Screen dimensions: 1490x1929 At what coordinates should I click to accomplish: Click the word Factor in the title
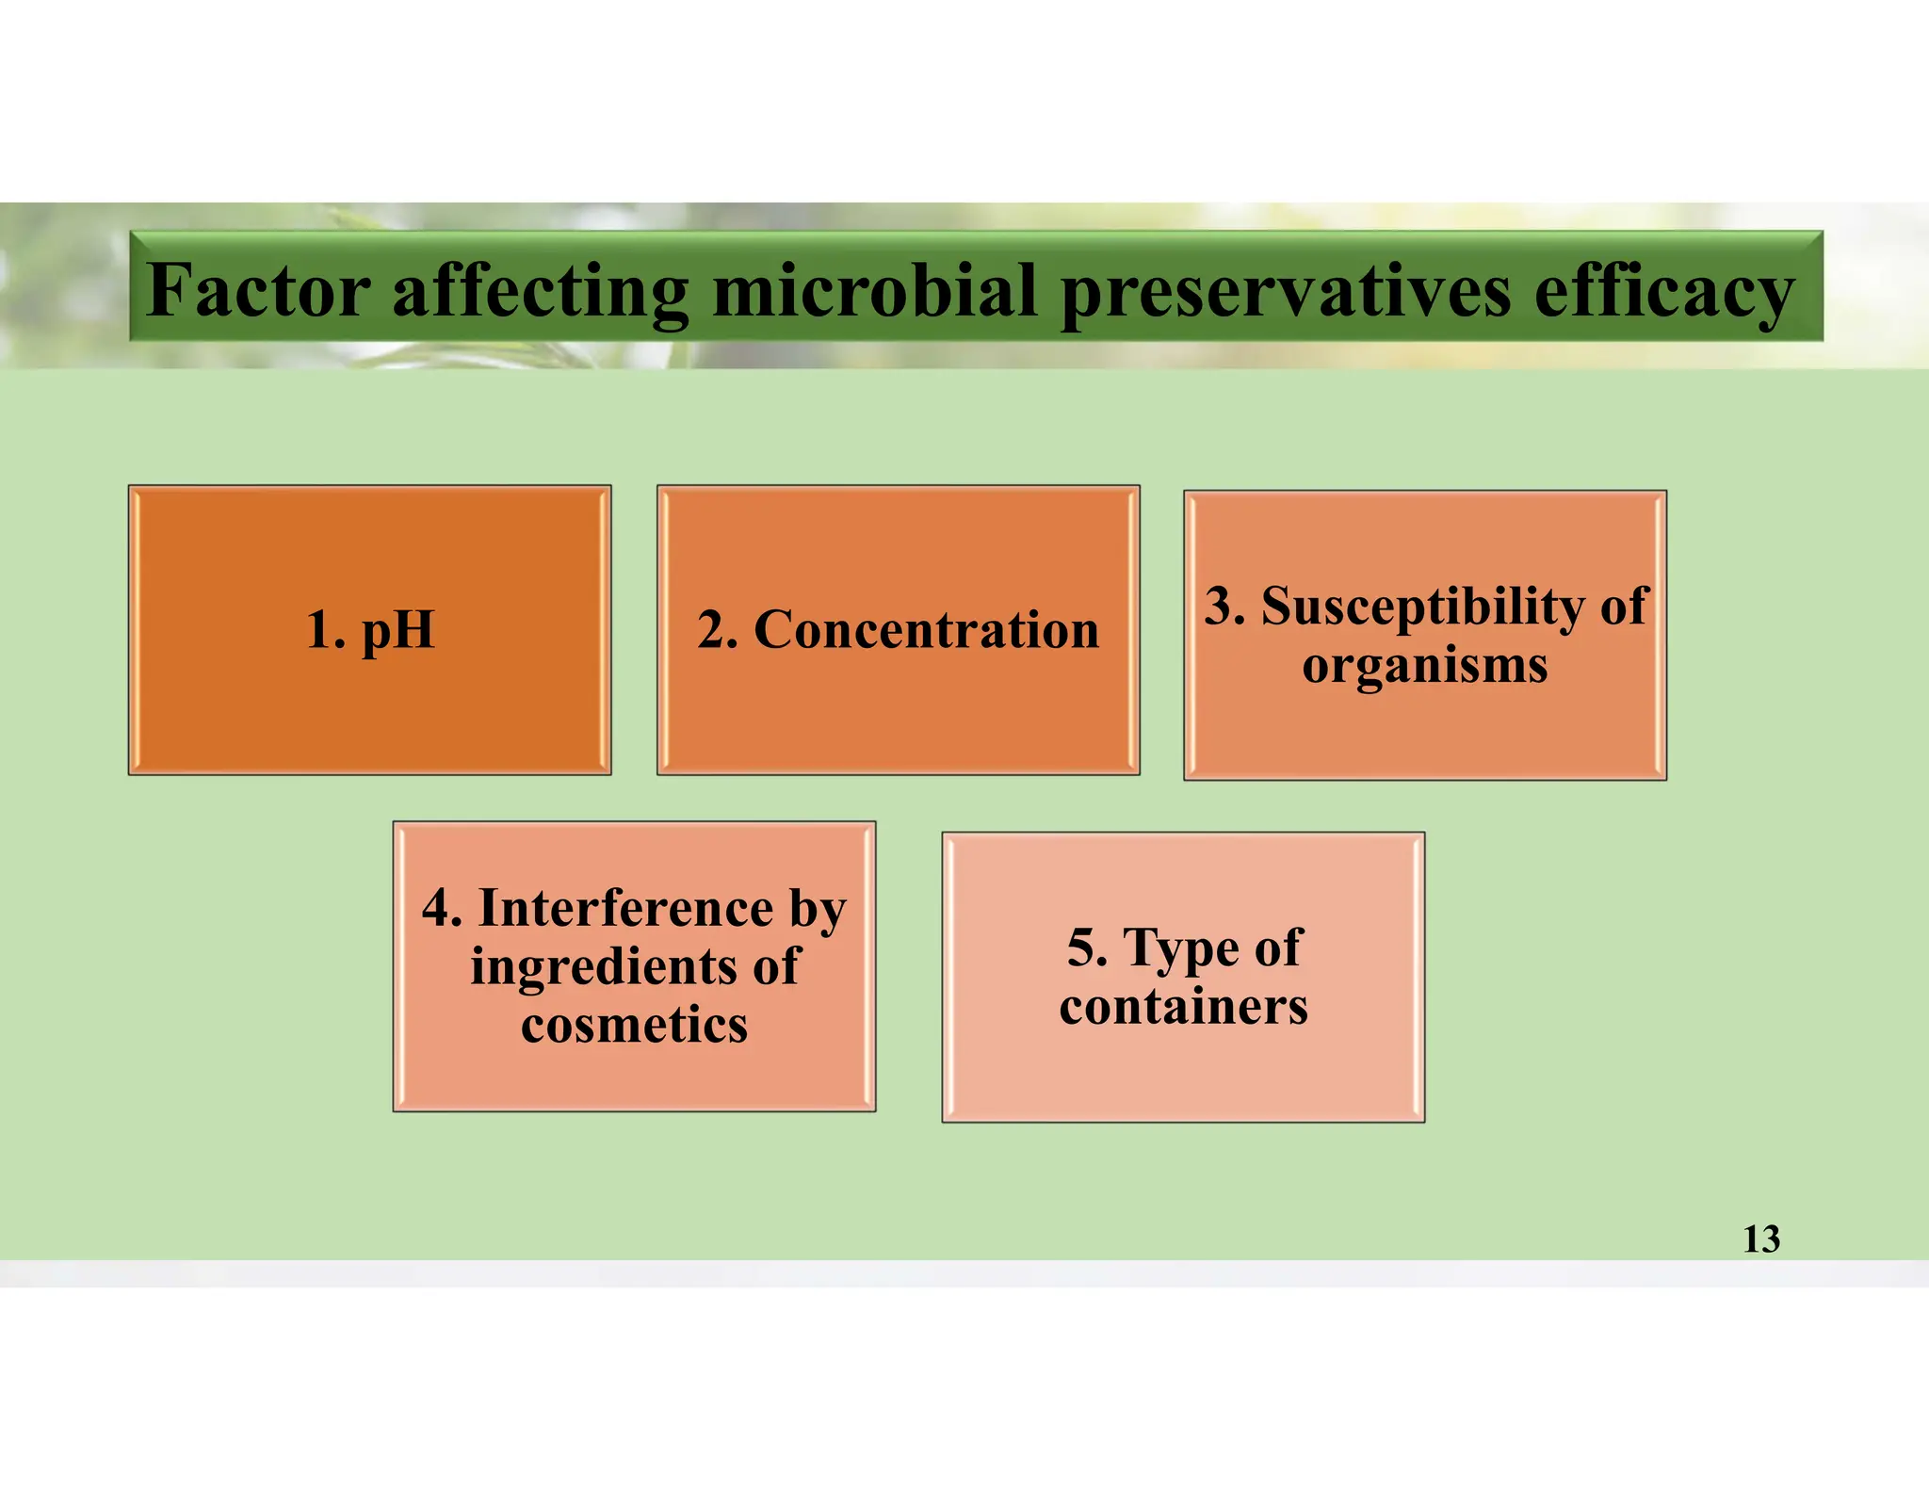coord(259,290)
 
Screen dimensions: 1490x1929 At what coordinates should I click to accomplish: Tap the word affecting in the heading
coord(541,292)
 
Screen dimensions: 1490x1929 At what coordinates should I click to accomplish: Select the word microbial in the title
coord(875,290)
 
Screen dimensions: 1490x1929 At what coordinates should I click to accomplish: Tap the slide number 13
coord(1760,1239)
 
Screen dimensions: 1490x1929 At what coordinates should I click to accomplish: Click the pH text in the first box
coord(397,630)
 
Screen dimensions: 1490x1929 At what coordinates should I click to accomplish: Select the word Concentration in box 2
coord(926,629)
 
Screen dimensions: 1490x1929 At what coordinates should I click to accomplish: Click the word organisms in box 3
coord(1424,665)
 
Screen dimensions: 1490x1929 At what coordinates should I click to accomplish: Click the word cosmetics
coord(634,1025)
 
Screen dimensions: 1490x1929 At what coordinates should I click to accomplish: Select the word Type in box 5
coord(1182,948)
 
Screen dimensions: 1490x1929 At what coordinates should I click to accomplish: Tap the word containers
coord(1183,1006)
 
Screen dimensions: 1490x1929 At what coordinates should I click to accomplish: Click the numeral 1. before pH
coord(325,630)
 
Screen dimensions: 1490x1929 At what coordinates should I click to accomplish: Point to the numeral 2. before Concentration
coord(717,629)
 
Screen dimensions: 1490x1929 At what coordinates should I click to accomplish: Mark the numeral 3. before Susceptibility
coord(1224,606)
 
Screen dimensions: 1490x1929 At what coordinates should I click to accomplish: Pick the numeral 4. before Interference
coord(442,908)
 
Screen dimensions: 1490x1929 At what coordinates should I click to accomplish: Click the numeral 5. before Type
coord(1087,947)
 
